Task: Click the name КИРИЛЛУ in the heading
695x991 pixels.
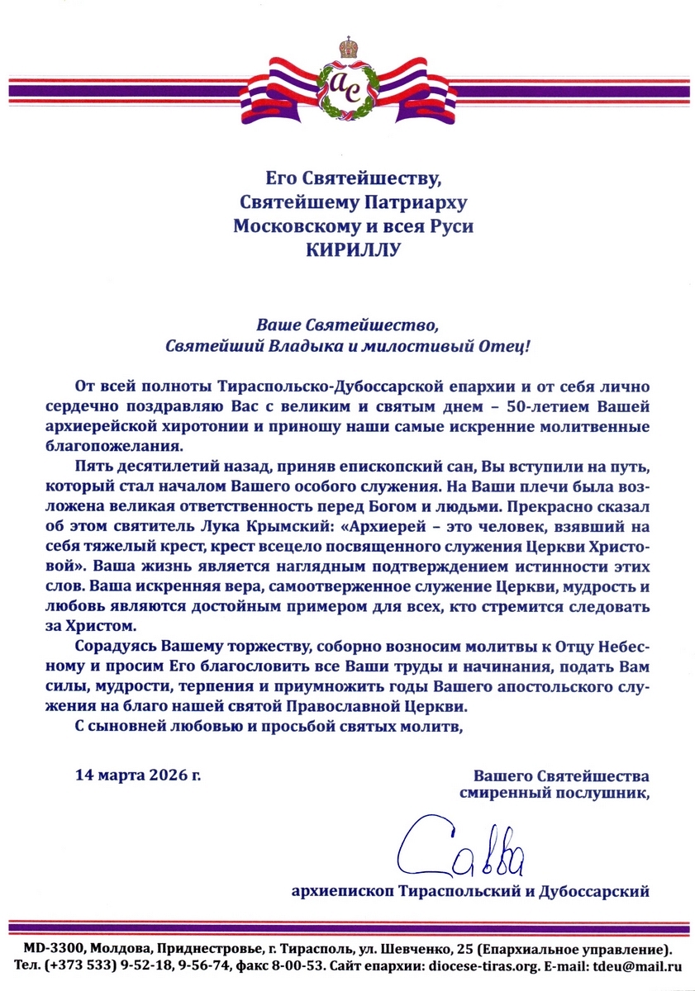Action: click(347, 249)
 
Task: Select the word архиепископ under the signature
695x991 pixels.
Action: click(344, 891)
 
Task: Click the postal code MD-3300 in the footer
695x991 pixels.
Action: click(53, 947)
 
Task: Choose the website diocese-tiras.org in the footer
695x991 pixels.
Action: click(484, 965)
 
